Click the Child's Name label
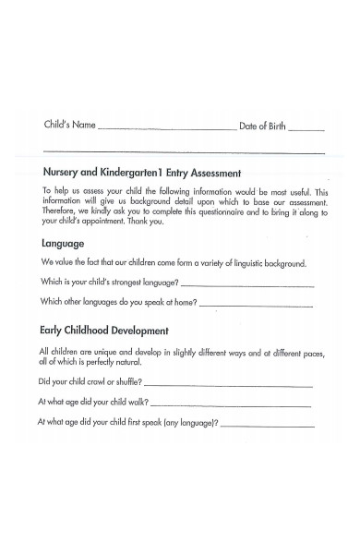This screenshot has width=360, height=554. click(70, 126)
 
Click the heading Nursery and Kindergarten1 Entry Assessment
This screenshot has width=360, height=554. click(141, 173)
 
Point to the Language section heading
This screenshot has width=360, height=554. click(63, 244)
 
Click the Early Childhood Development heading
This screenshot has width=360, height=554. click(103, 330)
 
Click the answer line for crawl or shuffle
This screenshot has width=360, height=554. click(228, 384)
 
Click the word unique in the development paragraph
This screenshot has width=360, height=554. click(102, 353)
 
